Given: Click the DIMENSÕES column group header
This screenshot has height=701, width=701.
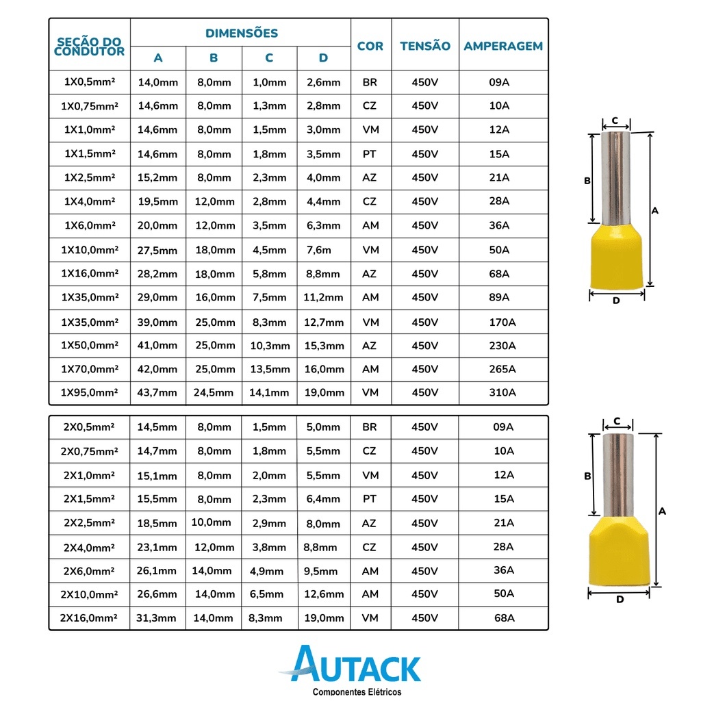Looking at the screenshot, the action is tap(242, 33).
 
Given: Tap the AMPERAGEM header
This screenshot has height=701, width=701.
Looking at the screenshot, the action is tap(503, 46).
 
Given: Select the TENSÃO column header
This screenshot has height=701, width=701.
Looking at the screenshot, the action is tap(425, 46).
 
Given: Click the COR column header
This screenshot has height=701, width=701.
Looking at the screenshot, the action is tap(370, 46).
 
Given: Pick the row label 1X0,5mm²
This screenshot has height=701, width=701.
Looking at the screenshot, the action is tap(90, 82).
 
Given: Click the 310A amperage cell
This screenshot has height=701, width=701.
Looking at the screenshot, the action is tap(502, 392).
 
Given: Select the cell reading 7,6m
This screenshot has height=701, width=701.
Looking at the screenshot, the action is tap(319, 250).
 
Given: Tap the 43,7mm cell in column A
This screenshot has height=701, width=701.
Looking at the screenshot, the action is tap(157, 392).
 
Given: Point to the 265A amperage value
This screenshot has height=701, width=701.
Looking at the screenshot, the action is tap(502, 369).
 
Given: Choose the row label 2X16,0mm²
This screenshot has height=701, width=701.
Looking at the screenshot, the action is tap(88, 618).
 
